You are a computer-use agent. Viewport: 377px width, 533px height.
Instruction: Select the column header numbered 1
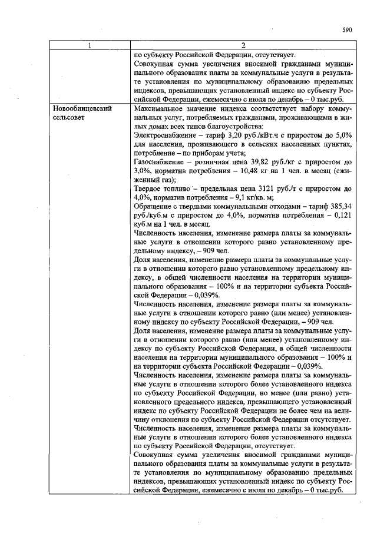pos(90,46)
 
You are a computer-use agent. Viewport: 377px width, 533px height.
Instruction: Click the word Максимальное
pos(159,109)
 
